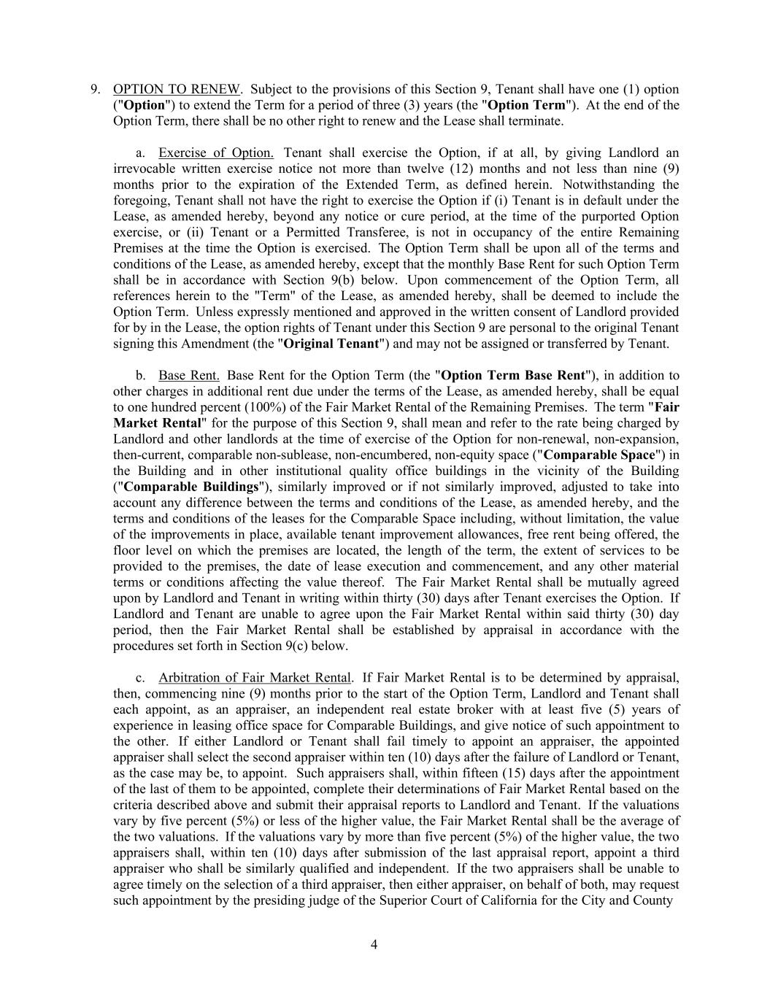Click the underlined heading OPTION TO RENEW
coord(177,90)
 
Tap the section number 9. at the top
coord(96,90)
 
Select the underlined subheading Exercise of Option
coord(216,153)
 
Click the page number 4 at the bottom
coord(374,945)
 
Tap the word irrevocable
coord(145,169)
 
